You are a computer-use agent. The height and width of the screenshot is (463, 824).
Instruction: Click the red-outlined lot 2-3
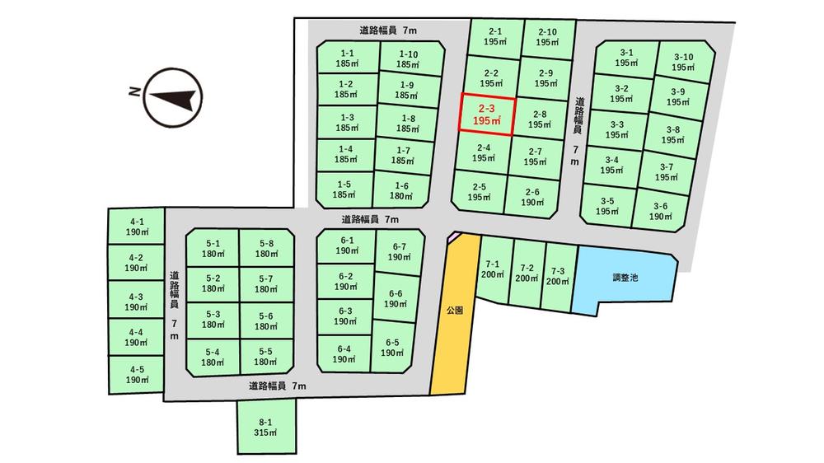click(487, 115)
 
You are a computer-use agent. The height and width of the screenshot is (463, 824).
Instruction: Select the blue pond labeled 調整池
click(625, 278)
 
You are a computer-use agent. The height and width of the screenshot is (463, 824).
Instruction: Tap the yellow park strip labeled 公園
click(455, 313)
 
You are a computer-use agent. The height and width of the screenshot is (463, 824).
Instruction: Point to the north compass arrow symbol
click(173, 97)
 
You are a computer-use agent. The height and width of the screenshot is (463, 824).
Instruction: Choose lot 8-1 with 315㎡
click(266, 427)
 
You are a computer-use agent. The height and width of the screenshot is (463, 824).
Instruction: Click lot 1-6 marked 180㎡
click(401, 190)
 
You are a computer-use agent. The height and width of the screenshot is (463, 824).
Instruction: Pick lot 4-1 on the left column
click(137, 227)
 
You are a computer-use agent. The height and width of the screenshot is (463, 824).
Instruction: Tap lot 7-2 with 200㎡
click(527, 273)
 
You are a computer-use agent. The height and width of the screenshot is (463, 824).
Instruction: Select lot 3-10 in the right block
click(683, 62)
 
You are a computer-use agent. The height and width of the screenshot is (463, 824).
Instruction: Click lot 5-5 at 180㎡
click(266, 357)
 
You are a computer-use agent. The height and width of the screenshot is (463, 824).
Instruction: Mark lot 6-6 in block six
click(396, 298)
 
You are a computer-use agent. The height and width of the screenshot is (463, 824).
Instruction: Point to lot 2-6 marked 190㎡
click(532, 197)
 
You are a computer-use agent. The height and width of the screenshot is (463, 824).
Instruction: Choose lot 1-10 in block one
click(409, 58)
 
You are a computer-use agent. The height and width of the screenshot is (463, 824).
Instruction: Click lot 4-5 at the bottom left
click(137, 375)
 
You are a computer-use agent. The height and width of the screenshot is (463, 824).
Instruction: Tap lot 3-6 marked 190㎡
click(661, 211)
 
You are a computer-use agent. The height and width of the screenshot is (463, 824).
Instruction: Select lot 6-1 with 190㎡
click(347, 246)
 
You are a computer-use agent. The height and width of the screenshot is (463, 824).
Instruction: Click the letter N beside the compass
click(134, 91)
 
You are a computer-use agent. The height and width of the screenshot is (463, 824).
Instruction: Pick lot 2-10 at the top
click(548, 37)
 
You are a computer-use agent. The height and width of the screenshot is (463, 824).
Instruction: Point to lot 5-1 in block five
click(213, 248)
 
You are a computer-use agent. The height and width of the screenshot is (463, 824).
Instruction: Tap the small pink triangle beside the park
click(451, 236)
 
